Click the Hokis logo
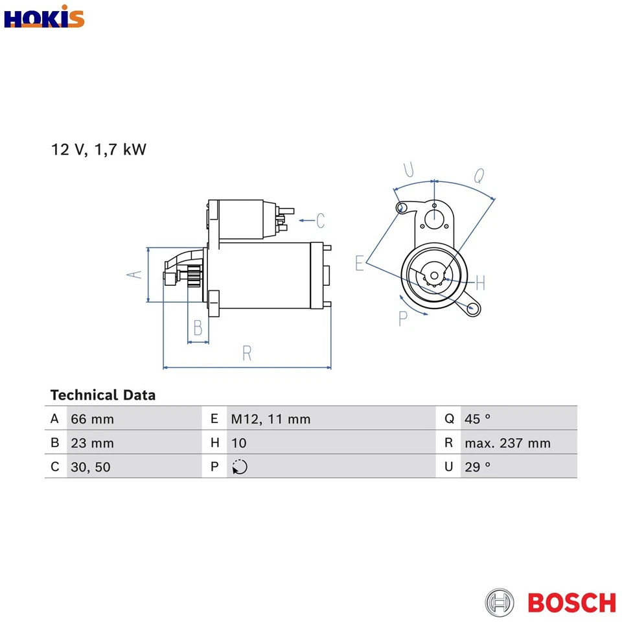[x=44, y=17]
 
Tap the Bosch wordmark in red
[x=571, y=603]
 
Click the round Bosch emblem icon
[x=500, y=603]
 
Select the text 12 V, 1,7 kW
[x=99, y=150]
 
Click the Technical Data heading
[x=103, y=395]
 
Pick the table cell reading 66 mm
[x=92, y=419]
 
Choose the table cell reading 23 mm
[x=92, y=443]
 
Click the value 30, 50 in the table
[x=91, y=466]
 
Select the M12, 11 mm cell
[x=271, y=419]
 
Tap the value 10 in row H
[x=238, y=443]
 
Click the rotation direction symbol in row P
[x=240, y=466]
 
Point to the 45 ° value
[x=478, y=419]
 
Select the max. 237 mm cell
[x=507, y=443]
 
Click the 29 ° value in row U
[x=478, y=466]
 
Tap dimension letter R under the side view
[x=247, y=353]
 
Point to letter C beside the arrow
[x=320, y=221]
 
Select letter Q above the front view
[x=479, y=175]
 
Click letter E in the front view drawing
[x=360, y=263]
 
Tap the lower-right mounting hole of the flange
[x=474, y=308]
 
